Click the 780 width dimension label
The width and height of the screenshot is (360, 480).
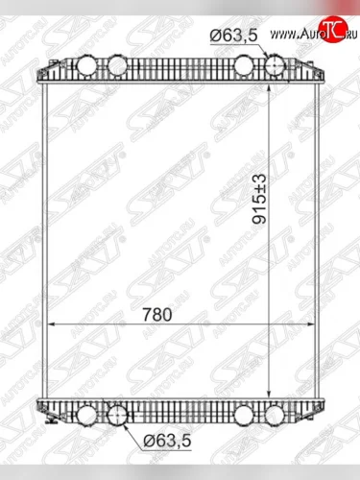pos(157,315)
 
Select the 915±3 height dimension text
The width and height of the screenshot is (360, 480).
pos(259,199)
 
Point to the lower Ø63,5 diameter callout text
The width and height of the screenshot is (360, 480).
pos(167,441)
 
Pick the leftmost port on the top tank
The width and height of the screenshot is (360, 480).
pos(87,66)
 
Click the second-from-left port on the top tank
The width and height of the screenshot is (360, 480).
pos(117,66)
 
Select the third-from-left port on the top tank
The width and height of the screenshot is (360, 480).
pos(245,66)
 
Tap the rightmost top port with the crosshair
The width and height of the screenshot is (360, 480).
pos(275,66)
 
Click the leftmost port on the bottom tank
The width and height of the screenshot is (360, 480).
pos(87,416)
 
